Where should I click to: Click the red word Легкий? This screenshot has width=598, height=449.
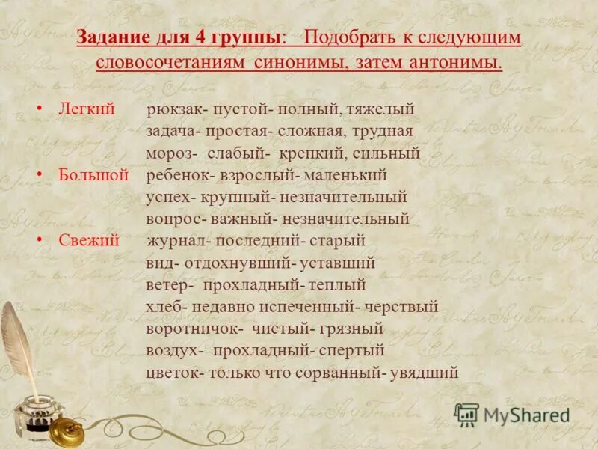pos(87,109)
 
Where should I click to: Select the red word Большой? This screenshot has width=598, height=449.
pos(93,175)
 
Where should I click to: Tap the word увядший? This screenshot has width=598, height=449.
pos(424,373)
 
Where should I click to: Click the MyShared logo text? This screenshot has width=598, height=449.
pos(526,414)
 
